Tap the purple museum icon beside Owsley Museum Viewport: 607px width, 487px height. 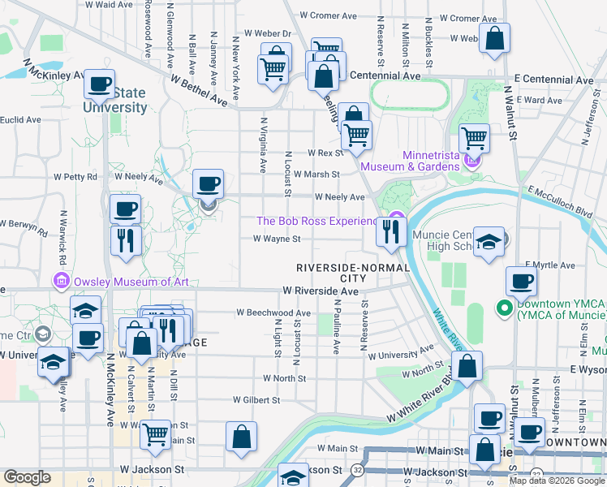point(61,282)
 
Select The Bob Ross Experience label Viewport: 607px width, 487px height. point(317,221)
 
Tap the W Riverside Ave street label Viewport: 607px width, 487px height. point(321,291)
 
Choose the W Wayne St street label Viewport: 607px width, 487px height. point(277,239)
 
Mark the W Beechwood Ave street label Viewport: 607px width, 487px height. point(273,312)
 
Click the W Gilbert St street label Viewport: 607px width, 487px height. point(256,400)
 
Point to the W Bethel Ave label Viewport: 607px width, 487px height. point(199,91)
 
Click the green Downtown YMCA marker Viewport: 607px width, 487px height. point(503,308)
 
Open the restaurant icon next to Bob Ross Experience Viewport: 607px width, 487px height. point(391,232)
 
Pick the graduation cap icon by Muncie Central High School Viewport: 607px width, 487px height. point(488,243)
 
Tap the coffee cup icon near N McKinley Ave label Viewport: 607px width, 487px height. point(99,83)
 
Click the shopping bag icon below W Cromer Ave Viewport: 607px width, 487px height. point(494,37)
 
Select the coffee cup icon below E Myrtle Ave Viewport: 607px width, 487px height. point(521,281)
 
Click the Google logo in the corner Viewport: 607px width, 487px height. point(27,477)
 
